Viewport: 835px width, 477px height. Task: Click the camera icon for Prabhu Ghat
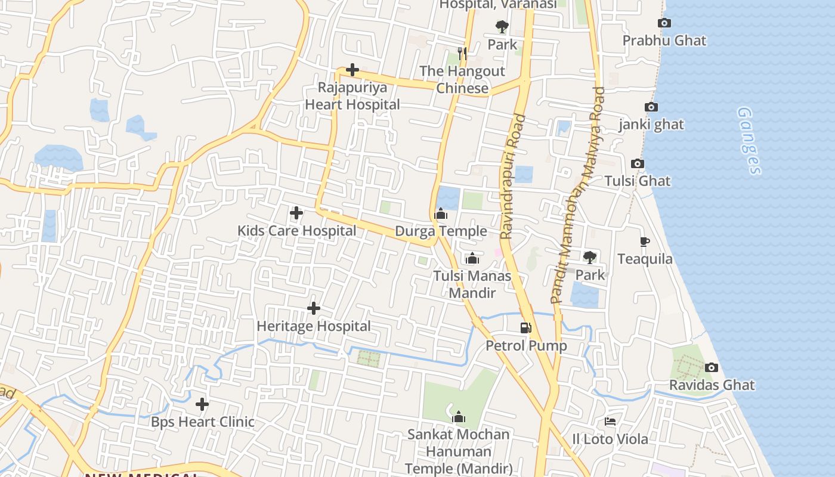coord(664,23)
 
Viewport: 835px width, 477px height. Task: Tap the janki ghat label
coord(651,125)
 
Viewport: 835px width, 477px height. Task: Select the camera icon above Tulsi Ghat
coord(637,164)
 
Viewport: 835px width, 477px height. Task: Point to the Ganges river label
coord(749,141)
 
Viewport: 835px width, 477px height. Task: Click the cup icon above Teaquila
coord(644,241)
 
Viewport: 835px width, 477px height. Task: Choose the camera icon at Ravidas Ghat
coord(711,368)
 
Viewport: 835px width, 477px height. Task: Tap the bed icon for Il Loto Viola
coord(610,422)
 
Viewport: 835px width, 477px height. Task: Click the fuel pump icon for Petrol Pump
coord(525,327)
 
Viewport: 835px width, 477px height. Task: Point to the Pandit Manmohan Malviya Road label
coord(578,196)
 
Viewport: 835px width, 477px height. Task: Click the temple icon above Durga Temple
coord(441,213)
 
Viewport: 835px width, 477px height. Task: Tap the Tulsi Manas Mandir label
coord(472,284)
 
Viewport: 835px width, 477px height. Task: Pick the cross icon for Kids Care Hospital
coord(296,213)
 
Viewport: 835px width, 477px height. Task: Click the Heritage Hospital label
coord(314,326)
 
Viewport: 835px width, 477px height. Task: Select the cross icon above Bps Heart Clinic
coord(202,404)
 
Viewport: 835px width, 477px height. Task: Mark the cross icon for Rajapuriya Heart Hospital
coord(352,70)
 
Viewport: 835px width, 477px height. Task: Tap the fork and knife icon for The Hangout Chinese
coord(462,54)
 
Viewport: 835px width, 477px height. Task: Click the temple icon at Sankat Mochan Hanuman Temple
coord(458,417)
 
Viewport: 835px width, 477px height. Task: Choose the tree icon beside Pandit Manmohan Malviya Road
coord(590,258)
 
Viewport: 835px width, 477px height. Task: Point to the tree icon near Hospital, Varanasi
coord(502,27)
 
